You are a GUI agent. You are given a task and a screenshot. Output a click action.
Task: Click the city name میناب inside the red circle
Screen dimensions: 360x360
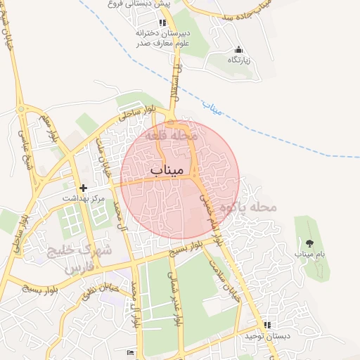tap(167, 170)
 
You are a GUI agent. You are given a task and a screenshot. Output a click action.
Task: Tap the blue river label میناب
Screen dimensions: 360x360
tap(211, 108)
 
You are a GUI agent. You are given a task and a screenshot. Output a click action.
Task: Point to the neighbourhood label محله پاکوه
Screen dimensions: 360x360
tap(249, 207)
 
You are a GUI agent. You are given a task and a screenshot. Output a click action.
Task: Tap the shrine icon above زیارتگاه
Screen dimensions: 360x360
tap(238, 49)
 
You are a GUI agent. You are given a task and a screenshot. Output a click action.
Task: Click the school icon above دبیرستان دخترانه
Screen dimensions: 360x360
tap(145, 22)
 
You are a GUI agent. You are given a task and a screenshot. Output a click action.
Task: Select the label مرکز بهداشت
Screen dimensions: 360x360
tap(82, 199)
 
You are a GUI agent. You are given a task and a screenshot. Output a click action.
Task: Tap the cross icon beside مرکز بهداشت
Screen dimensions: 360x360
tap(84, 188)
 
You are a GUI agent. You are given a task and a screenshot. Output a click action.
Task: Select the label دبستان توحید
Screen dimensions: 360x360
tap(266, 335)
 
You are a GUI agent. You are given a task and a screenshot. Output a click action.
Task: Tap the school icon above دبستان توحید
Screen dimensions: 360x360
tap(266, 325)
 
